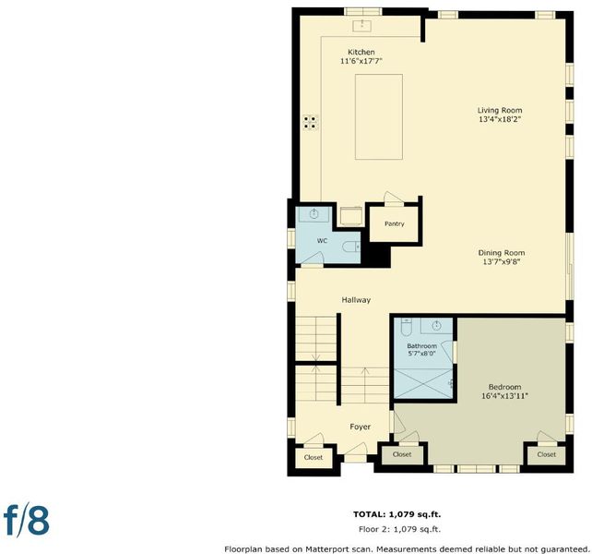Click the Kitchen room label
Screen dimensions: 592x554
click(361, 53)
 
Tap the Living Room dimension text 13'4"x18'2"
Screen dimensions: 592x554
click(500, 119)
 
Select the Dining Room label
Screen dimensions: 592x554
click(502, 253)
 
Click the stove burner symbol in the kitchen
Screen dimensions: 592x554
click(311, 122)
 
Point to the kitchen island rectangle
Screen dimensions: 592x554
click(379, 117)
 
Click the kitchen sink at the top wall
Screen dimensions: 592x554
click(361, 26)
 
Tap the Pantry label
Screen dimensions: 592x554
click(394, 223)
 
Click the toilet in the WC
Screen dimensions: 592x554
click(351, 247)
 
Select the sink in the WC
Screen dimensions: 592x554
click(314, 214)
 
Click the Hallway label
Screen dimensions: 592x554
click(356, 300)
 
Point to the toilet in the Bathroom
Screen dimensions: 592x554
click(406, 327)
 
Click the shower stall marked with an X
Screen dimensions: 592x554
click(423, 383)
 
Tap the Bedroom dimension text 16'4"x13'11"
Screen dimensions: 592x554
click(504, 396)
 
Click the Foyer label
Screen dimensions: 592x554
click(361, 427)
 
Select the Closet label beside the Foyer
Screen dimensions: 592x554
click(314, 457)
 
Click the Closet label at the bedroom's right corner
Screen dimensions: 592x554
click(546, 454)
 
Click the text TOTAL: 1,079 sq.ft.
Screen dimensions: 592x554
click(397, 514)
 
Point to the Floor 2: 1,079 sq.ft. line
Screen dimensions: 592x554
click(399, 529)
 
